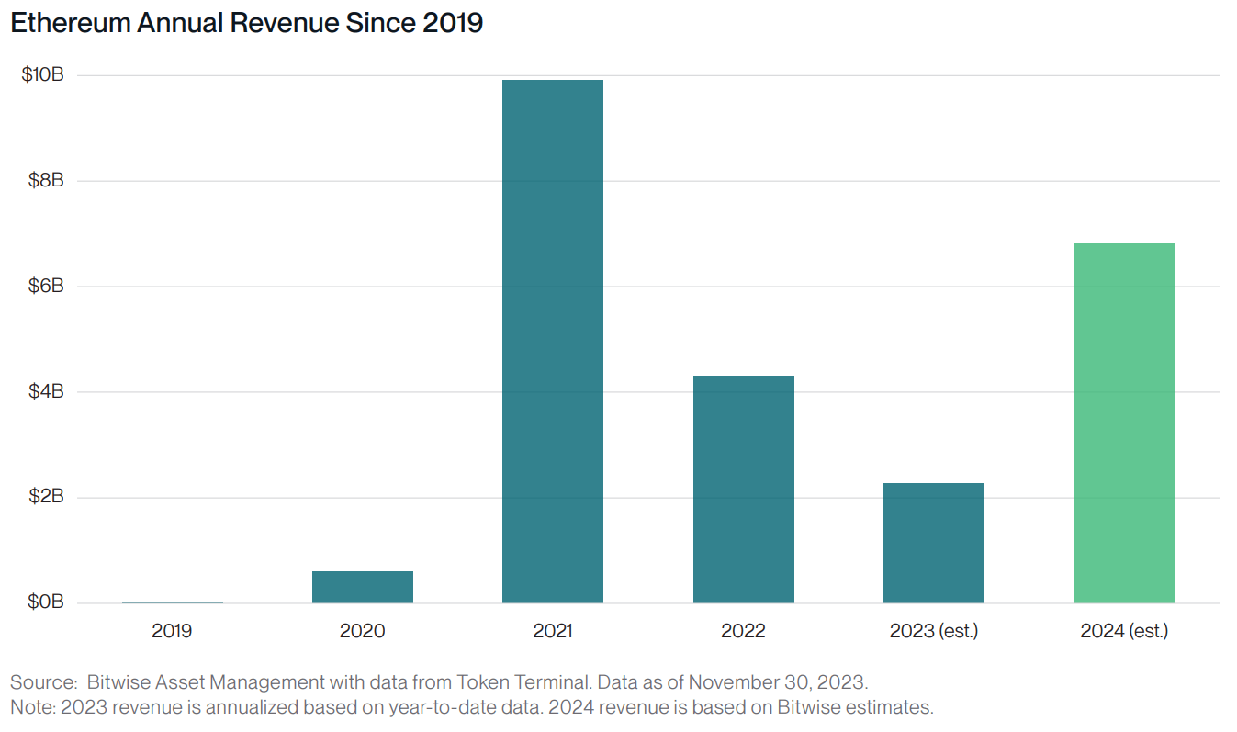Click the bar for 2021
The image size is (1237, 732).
[552, 341]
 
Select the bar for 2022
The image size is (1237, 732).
[743, 489]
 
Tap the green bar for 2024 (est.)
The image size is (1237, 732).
[1124, 422]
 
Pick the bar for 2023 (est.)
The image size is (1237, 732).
[933, 543]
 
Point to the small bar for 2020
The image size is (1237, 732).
[362, 587]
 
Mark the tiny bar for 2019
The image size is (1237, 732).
[172, 602]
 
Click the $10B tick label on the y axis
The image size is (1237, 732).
[42, 75]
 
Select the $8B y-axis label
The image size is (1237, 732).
[44, 181]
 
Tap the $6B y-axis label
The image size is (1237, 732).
[44, 287]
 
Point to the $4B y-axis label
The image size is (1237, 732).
[44, 392]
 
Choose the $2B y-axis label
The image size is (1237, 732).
[44, 498]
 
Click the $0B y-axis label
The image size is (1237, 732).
[44, 602]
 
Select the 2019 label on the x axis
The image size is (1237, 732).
[172, 632]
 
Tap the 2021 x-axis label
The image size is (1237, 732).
[552, 632]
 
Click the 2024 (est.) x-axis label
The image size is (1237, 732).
[1124, 632]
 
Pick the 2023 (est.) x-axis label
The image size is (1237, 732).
[933, 632]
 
